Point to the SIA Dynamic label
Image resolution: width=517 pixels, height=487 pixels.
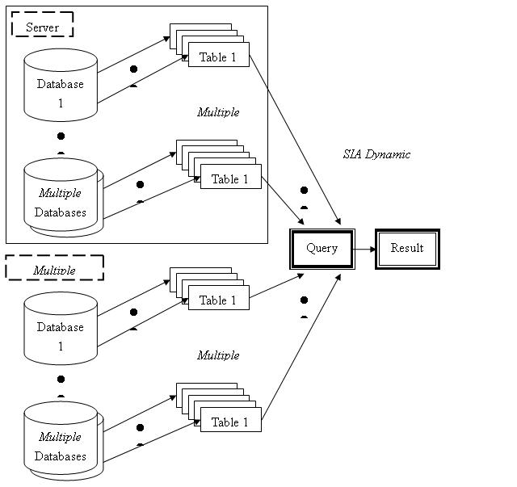point(376,154)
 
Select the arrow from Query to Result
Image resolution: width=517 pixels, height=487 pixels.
point(365,249)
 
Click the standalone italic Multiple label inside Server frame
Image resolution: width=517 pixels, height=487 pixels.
point(218,112)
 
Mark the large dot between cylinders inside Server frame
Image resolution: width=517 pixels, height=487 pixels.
point(61,136)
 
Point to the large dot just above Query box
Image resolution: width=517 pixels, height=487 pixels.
point(304,190)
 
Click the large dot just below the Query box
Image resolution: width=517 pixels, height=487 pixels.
point(304,300)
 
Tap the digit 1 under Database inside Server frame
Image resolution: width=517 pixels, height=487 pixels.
point(61,103)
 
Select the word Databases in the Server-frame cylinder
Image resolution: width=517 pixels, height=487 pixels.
point(61,212)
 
